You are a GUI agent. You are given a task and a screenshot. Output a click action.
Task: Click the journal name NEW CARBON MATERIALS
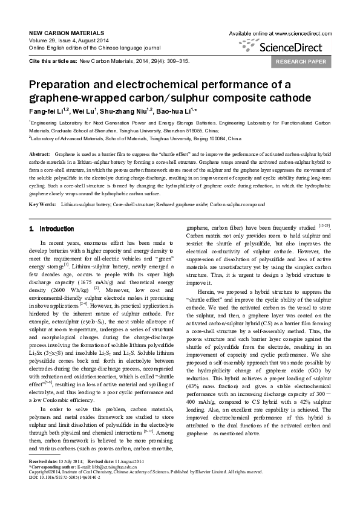click(x=64, y=32)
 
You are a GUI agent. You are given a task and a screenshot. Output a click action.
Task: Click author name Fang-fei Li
click(x=48, y=111)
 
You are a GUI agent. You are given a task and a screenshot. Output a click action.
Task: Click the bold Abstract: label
click(x=39, y=155)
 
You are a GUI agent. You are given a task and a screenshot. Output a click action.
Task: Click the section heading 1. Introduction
click(x=52, y=229)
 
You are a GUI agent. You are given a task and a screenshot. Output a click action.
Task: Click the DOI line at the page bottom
click(x=64, y=493)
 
